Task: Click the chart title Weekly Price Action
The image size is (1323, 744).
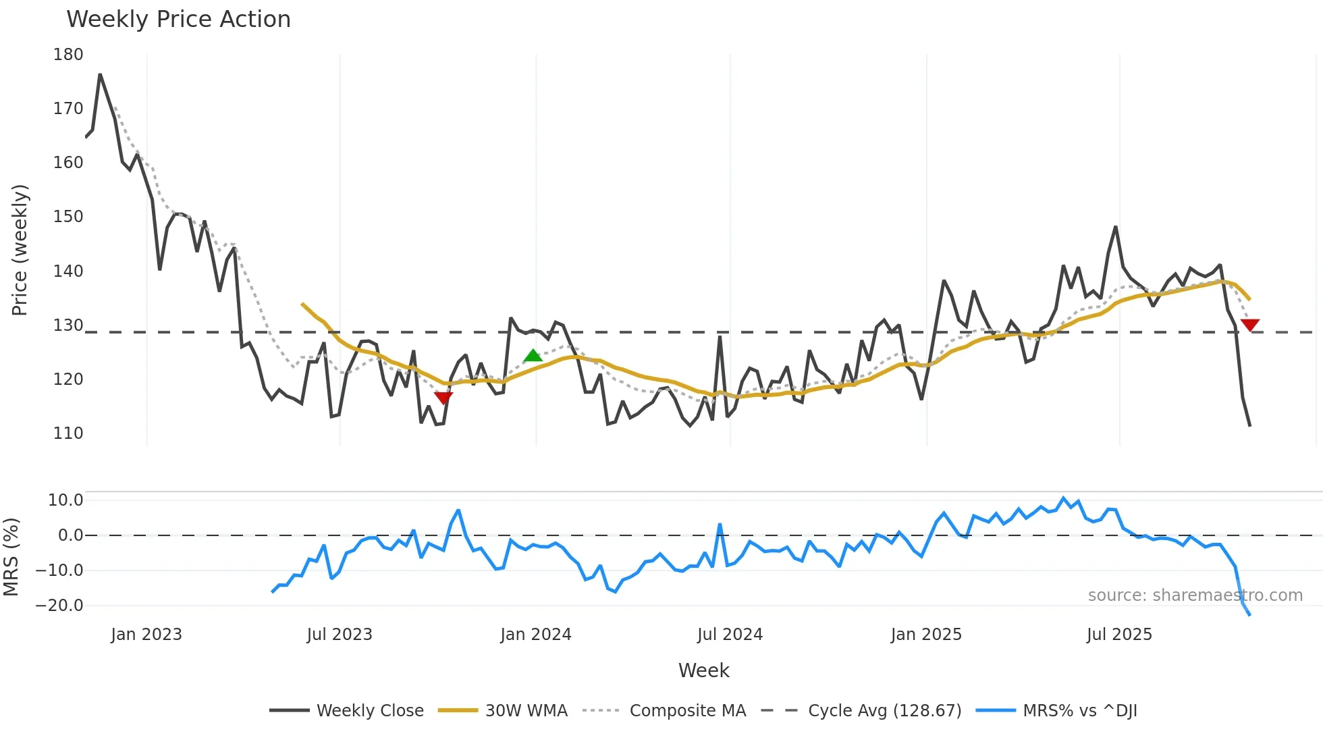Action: coord(178,20)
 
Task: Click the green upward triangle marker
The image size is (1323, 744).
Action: coord(533,356)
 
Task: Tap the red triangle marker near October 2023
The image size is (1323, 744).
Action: coord(443,398)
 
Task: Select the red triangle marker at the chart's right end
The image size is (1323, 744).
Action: coord(1249,325)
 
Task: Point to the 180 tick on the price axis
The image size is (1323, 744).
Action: coord(68,55)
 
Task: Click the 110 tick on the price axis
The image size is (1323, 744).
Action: coord(68,433)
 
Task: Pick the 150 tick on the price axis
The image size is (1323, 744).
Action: coord(68,217)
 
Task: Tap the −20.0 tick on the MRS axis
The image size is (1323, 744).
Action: coord(59,606)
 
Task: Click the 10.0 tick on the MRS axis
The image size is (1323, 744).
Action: coord(65,500)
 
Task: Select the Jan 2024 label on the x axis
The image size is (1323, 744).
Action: coord(535,635)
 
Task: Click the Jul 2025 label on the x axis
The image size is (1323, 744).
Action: coord(1119,635)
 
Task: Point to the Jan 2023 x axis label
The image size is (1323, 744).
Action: coord(146,635)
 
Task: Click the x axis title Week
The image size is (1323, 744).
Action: coord(703,670)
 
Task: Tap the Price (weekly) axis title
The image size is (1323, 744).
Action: coord(20,250)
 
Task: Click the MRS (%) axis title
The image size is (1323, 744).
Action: coord(11,557)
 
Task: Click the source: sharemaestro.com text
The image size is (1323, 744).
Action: coord(1195,595)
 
